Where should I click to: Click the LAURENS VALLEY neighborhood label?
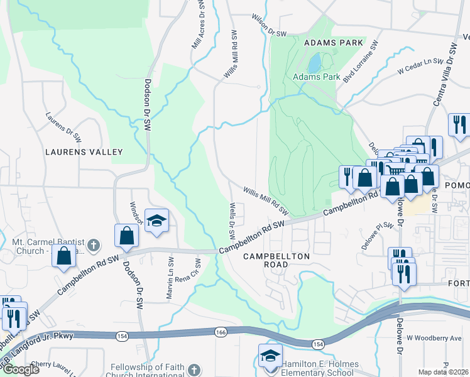(x=84, y=152)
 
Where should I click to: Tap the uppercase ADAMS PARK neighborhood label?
(x=333, y=43)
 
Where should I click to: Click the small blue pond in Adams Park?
(x=314, y=62)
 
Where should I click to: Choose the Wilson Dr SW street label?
(x=268, y=24)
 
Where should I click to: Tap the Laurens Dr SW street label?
(x=63, y=126)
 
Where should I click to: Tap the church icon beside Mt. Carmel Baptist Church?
(x=92, y=244)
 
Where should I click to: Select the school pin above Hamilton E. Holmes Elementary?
(x=268, y=355)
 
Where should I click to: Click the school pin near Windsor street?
(x=156, y=221)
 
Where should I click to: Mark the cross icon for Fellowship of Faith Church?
(x=195, y=369)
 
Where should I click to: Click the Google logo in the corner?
(x=20, y=369)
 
